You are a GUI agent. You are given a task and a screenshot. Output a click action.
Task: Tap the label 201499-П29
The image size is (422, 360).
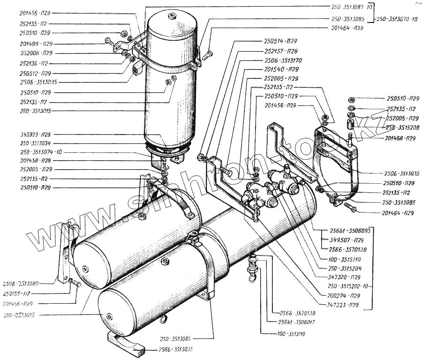click(36, 43)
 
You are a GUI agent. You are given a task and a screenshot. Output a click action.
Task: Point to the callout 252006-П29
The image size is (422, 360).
click(36, 53)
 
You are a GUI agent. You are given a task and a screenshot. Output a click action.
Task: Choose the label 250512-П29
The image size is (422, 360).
click(36, 73)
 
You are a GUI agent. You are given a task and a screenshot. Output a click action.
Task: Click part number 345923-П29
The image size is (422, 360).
click(36, 134)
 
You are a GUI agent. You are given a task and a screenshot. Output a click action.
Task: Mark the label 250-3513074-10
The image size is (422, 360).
click(42, 152)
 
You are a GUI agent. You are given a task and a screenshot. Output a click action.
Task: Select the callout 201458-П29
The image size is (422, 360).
click(36, 160)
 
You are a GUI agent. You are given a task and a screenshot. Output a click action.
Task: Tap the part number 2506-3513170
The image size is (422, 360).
click(283, 60)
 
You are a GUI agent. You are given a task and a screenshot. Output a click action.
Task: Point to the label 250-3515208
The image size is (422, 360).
click(403, 127)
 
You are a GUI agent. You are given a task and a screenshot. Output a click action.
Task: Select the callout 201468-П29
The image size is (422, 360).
click(400, 138)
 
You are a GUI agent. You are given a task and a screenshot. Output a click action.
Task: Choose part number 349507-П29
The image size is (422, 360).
click(340, 240)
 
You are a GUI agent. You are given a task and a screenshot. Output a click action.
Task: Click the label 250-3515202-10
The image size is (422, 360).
click(349, 285)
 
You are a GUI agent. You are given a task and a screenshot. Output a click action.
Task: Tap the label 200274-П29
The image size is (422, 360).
click(345, 295)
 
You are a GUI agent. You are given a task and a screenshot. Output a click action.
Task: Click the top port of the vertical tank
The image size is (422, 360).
click(172, 17)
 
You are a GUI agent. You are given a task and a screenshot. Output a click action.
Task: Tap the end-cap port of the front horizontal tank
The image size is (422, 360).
click(109, 316)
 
